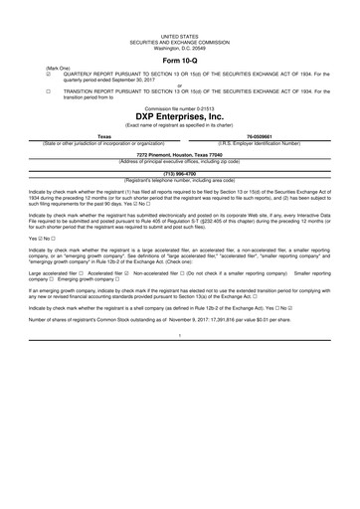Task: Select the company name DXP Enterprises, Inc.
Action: tap(180, 114)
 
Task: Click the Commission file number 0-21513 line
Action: tap(180, 105)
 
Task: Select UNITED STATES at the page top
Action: tap(180, 33)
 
